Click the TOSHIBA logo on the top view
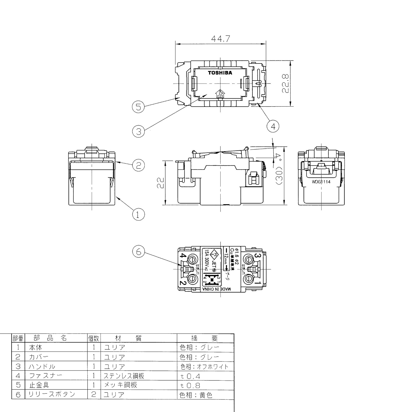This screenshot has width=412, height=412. (x=220, y=73)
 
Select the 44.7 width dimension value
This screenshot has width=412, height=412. (x=221, y=39)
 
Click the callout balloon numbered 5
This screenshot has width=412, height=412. (x=138, y=107)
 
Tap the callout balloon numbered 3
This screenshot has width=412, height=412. (x=138, y=132)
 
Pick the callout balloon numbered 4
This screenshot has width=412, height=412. (x=273, y=126)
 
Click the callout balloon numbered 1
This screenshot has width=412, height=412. (x=138, y=214)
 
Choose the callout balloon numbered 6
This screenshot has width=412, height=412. (x=138, y=251)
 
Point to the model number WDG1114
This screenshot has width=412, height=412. (x=321, y=182)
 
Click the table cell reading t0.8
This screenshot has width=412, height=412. (x=190, y=385)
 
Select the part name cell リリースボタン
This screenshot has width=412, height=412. (x=52, y=394)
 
